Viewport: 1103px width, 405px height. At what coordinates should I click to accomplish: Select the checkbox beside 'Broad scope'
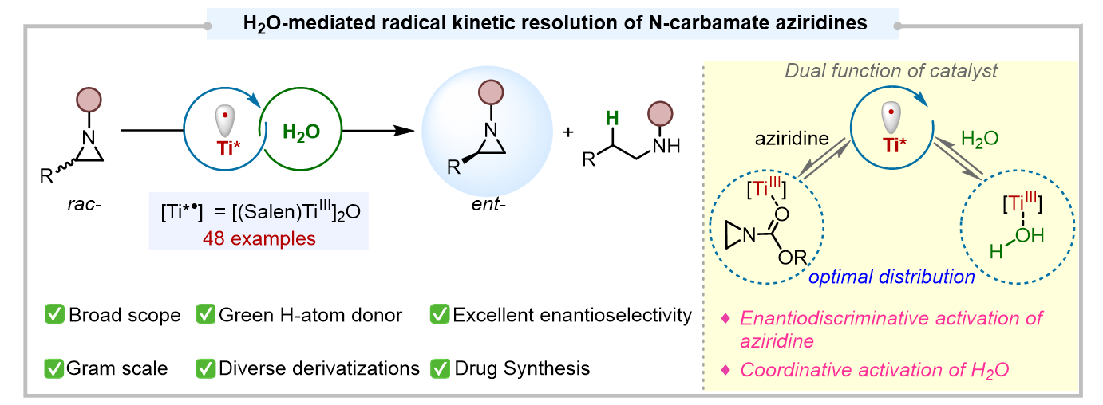(x=54, y=316)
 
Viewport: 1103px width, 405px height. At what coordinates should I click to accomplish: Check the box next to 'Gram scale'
(x=54, y=368)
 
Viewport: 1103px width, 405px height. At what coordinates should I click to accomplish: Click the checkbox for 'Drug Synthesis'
(x=440, y=368)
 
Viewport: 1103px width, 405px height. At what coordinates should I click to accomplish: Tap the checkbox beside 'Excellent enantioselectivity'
(x=440, y=316)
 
